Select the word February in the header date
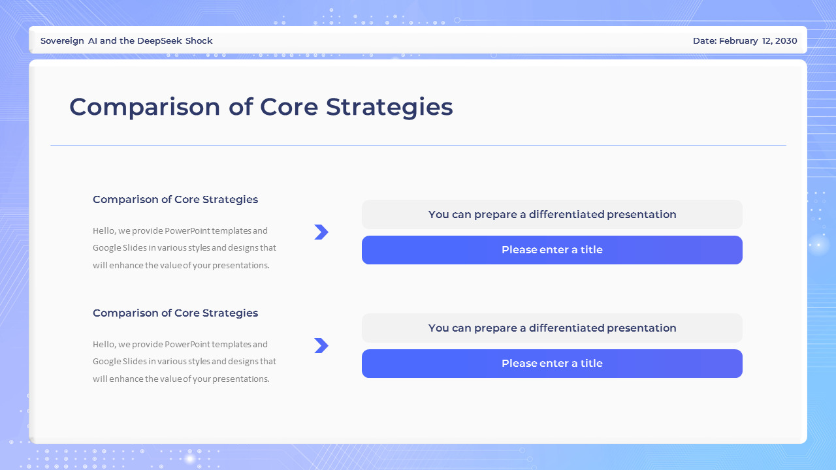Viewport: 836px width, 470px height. (739, 40)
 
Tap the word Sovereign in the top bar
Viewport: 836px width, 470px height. (62, 40)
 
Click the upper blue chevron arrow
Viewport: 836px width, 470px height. (321, 232)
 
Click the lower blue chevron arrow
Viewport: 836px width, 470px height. (321, 345)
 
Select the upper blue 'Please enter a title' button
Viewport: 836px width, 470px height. (552, 250)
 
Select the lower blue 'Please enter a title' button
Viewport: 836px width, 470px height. (552, 364)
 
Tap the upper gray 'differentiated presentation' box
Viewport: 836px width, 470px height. (552, 214)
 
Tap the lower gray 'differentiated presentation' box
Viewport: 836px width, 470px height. (552, 328)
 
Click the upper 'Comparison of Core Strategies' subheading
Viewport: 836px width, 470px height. (175, 199)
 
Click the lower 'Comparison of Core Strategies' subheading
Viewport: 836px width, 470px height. (175, 313)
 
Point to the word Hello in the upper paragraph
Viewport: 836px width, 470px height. (103, 230)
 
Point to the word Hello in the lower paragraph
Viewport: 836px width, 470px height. (103, 344)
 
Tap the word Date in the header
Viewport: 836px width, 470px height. (703, 40)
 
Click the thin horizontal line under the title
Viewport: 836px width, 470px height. (418, 145)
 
